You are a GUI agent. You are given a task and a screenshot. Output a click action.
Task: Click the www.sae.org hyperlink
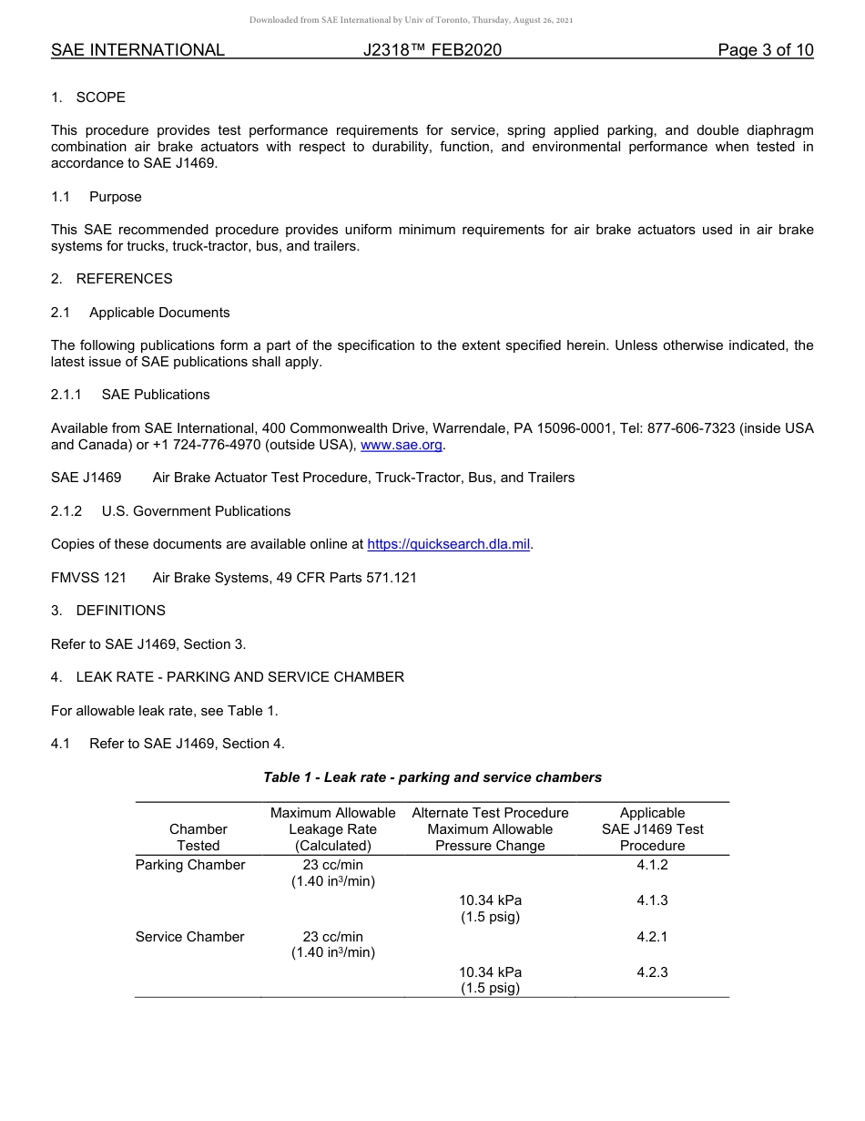(401, 445)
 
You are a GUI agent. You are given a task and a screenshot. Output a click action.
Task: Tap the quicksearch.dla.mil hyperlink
(448, 544)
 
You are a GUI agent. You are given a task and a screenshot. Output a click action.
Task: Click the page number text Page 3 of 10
(765, 50)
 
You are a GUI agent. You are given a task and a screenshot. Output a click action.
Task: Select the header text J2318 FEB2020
(432, 50)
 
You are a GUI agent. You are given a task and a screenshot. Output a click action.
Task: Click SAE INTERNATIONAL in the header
(137, 50)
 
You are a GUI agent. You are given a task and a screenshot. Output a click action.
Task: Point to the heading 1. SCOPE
(88, 98)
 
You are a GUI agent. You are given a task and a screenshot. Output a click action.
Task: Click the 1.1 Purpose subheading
(97, 197)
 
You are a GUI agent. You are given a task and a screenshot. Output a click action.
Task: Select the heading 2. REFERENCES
(112, 279)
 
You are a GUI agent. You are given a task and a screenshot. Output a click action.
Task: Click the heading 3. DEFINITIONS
(108, 611)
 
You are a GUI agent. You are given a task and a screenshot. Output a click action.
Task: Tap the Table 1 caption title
(432, 777)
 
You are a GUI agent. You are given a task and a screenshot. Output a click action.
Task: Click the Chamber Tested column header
(198, 838)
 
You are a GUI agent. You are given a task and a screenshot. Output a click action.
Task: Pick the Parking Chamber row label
(190, 865)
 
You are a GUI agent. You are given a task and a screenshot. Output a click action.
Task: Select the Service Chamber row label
(189, 937)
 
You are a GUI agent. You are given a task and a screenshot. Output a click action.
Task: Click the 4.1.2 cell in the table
(652, 865)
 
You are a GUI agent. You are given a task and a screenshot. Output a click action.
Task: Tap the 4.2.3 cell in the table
(652, 972)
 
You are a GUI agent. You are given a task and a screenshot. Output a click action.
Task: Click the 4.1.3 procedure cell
(652, 900)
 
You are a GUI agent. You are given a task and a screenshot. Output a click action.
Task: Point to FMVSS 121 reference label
(88, 578)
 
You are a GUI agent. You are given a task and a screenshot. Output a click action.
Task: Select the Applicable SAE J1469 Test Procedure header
(652, 829)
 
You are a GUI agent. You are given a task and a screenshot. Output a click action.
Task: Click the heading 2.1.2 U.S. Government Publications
(171, 511)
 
